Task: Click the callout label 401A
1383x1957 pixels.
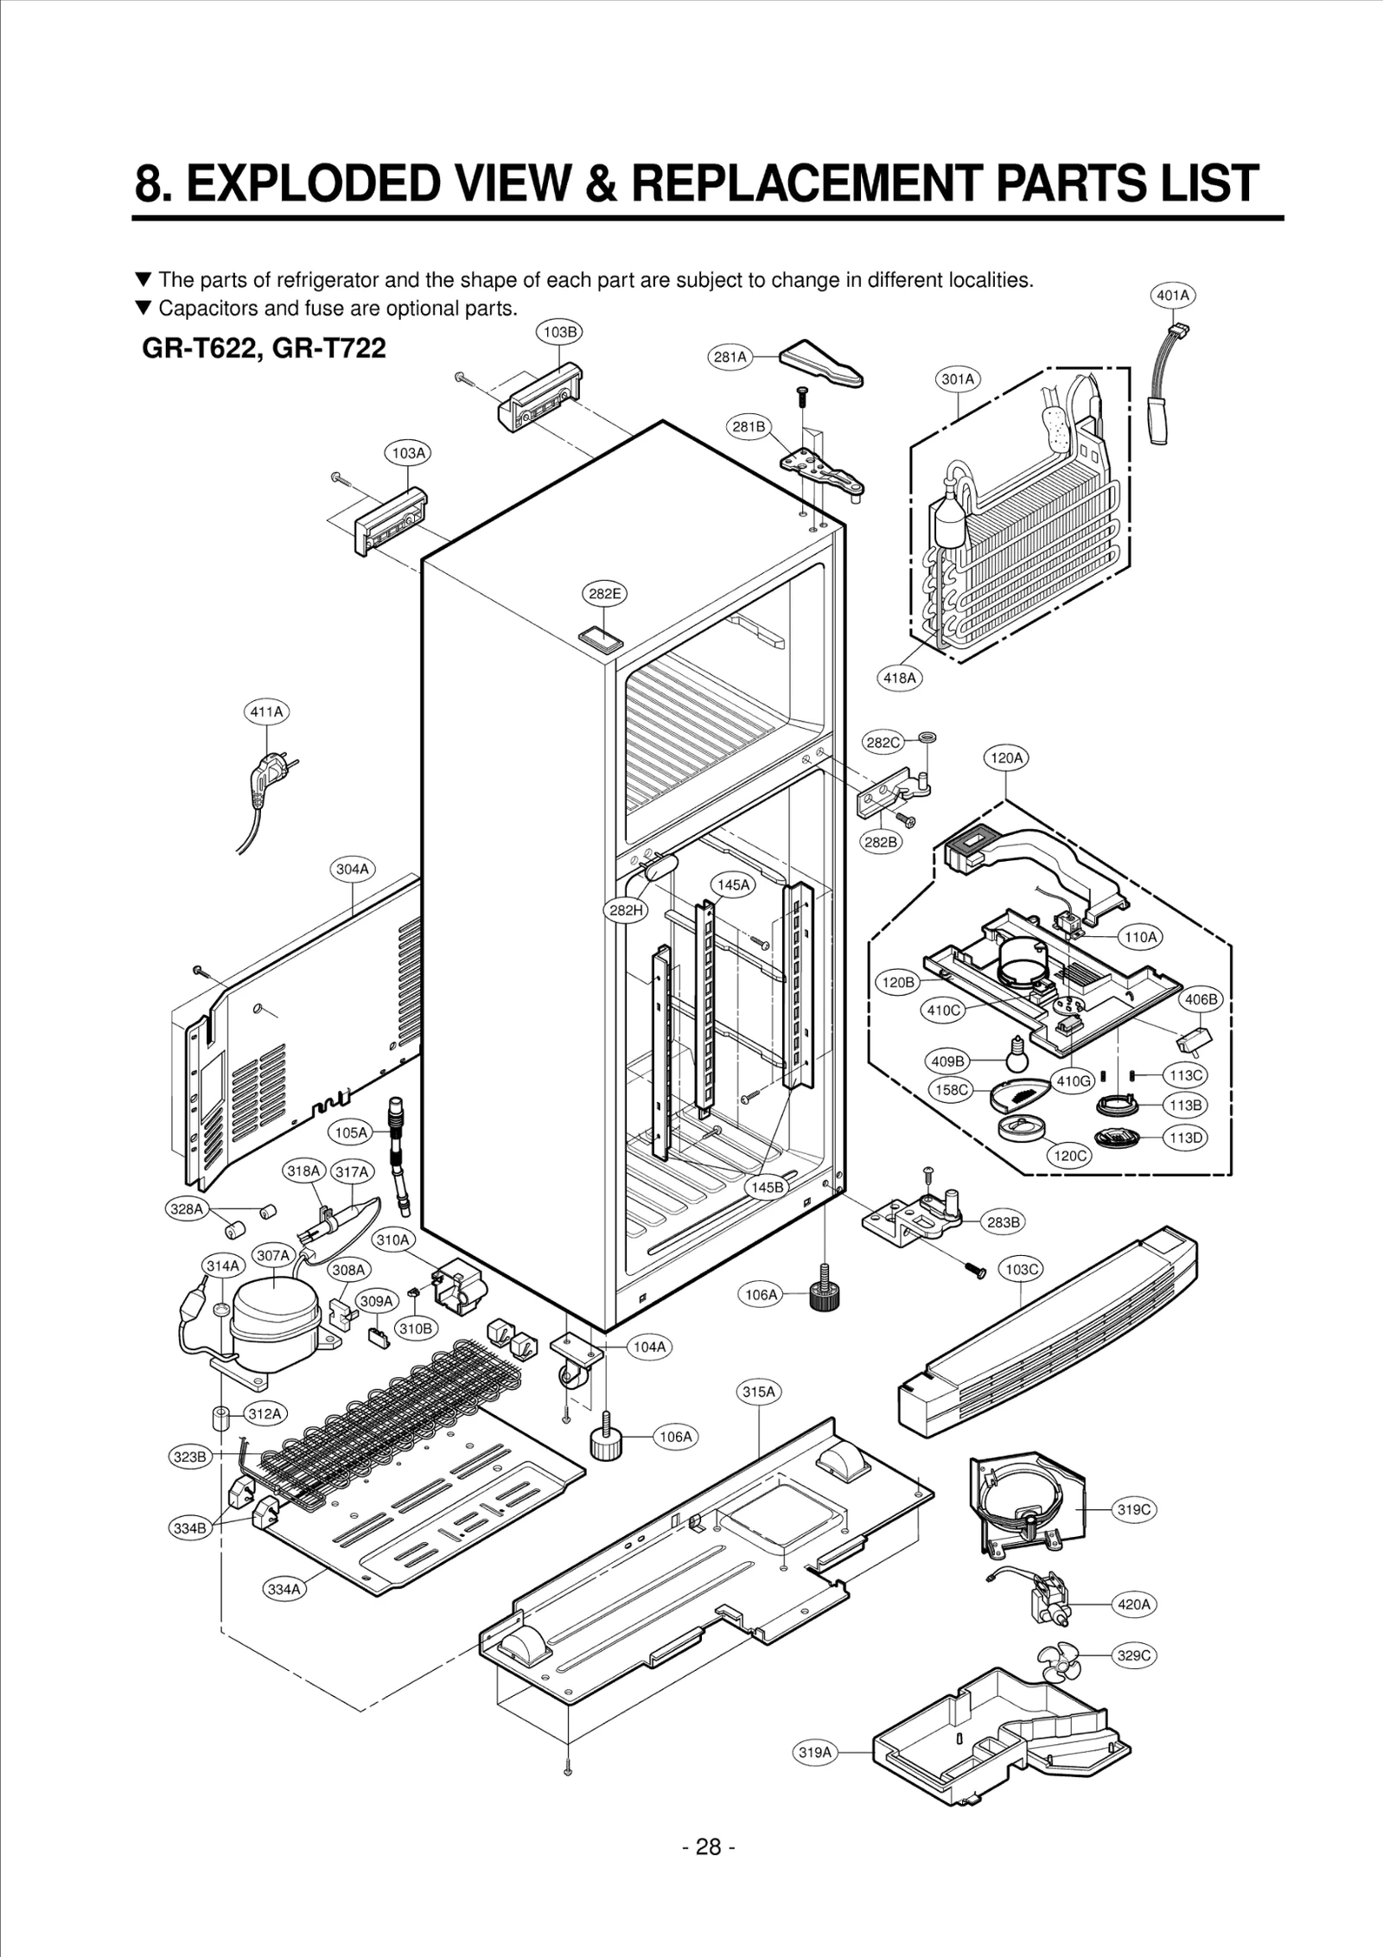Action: tap(1173, 296)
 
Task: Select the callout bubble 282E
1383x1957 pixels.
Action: tap(604, 594)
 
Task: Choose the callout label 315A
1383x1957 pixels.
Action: tap(759, 1392)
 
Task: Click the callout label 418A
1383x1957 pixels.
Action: tap(899, 678)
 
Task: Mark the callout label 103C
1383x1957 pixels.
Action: tap(1021, 1269)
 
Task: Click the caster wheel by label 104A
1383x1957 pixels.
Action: tap(570, 1373)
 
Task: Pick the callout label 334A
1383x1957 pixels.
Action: tap(284, 1589)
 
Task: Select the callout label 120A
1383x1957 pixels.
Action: tap(1006, 758)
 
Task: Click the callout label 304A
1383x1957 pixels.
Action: tap(353, 870)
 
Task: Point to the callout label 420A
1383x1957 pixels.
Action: tap(1133, 1604)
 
